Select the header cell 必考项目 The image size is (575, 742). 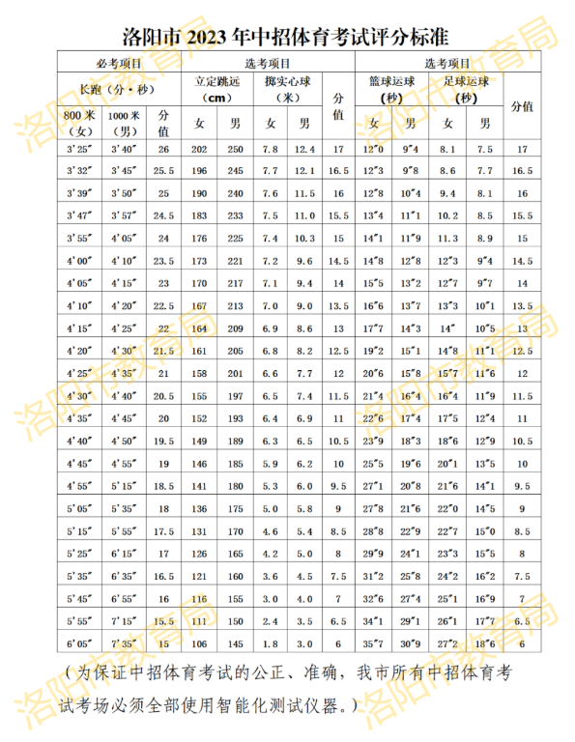[x=119, y=63]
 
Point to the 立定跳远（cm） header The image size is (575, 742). [x=219, y=89]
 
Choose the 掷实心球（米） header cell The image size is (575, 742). [x=289, y=89]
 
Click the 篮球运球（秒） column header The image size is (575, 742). [x=391, y=89]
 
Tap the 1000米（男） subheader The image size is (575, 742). [x=123, y=123]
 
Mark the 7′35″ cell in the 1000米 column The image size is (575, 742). [x=123, y=643]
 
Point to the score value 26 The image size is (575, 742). [x=163, y=149]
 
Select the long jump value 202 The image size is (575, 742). [x=199, y=149]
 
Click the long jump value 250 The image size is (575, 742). [x=235, y=149]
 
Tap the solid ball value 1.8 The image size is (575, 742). [x=271, y=643]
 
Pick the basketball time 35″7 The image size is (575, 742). [x=374, y=643]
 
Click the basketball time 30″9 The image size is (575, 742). [x=411, y=643]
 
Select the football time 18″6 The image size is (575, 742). [x=485, y=643]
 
